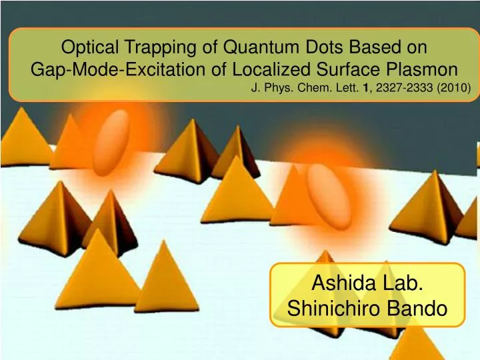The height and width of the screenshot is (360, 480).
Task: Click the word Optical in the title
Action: pyautogui.click(x=85, y=47)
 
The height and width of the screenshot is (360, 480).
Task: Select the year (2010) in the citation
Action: pyautogui.click(x=455, y=87)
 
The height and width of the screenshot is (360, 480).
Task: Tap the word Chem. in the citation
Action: pyautogui.click(x=321, y=87)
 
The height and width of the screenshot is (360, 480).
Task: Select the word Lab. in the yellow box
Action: pyautogui.click(x=399, y=283)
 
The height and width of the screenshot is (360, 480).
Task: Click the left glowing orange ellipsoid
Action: pyautogui.click(x=111, y=143)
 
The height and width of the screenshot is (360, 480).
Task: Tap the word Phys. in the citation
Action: pyautogui.click(x=289, y=87)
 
